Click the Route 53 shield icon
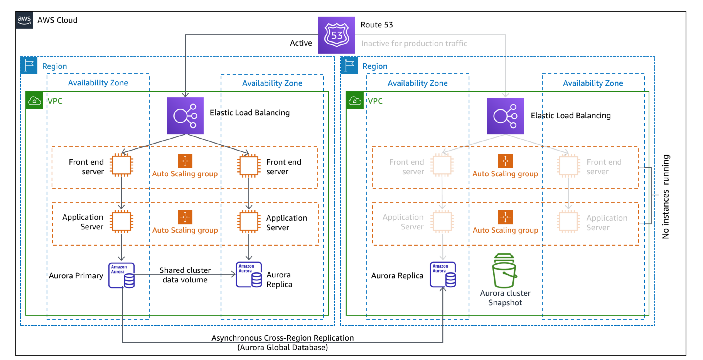(x=337, y=35)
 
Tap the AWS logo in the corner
(x=24, y=20)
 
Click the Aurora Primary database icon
(x=122, y=275)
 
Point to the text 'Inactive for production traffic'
(x=414, y=43)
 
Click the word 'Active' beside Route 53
(x=301, y=43)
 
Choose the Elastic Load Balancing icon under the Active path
(x=185, y=116)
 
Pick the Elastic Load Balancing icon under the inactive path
(x=505, y=116)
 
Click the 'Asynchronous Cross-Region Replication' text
(x=283, y=338)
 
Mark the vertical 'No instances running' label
(x=665, y=197)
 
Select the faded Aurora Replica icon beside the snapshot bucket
(x=443, y=275)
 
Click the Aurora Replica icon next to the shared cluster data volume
(x=249, y=275)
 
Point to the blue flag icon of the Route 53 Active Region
(x=29, y=65)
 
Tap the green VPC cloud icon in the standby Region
(x=354, y=101)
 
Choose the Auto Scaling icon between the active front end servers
(x=185, y=161)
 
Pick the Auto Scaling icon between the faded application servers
(x=505, y=217)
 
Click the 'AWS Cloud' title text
(x=57, y=20)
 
